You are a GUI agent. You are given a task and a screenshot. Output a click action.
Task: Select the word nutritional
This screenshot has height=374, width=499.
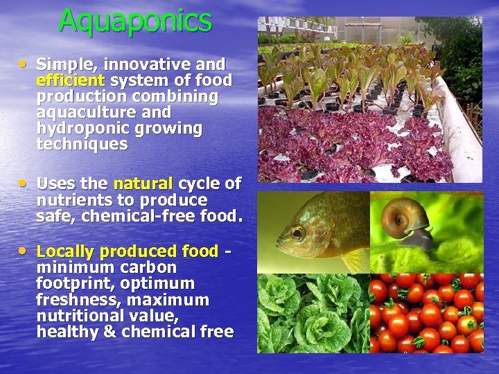[78, 316]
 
